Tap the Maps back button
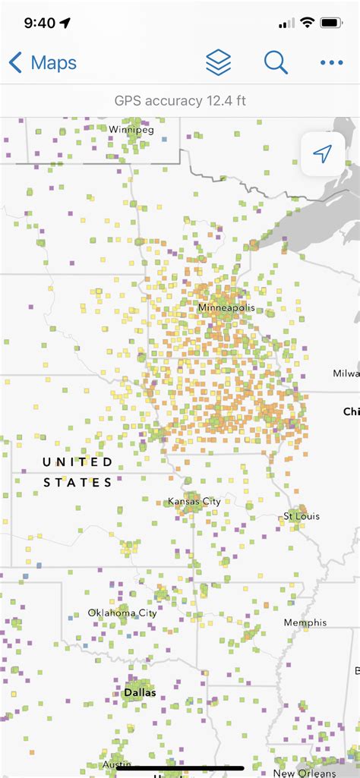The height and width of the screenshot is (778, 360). [43, 63]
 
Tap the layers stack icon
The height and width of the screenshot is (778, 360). [218, 63]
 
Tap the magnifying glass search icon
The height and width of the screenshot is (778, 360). [276, 63]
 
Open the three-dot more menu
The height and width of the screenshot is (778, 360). [332, 63]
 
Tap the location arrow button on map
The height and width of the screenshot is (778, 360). [323, 155]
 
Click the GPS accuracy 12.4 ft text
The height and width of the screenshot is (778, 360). [180, 101]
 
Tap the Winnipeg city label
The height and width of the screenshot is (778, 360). [131, 129]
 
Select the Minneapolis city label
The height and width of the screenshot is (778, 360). [226, 308]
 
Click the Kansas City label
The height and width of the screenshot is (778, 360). [194, 502]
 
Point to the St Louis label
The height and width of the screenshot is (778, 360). [302, 516]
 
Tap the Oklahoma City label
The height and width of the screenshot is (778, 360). [122, 613]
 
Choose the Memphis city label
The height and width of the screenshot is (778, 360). [305, 622]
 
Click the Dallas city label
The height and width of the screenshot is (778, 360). [140, 692]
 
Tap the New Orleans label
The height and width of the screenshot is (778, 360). [305, 773]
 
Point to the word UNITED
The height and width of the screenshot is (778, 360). [77, 462]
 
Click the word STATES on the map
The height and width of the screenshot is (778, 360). [77, 482]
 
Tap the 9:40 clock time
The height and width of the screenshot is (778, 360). [39, 23]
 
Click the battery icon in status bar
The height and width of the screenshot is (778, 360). [331, 23]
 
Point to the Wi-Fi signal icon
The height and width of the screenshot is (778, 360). [307, 23]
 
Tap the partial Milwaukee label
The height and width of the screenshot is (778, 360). [346, 373]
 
